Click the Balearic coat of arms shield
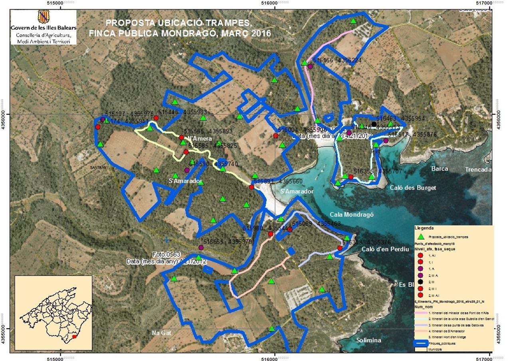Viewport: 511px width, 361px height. [43, 17]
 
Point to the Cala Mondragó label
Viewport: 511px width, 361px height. [352, 214]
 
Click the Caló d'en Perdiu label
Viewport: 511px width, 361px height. [385, 249]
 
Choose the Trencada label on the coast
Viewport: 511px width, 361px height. [478, 169]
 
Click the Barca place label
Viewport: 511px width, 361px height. [439, 169]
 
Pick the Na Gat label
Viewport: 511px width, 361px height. [161, 333]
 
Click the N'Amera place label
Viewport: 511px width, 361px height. [199, 139]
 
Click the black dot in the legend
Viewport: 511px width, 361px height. [420, 282]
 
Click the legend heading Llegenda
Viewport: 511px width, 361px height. [425, 228]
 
